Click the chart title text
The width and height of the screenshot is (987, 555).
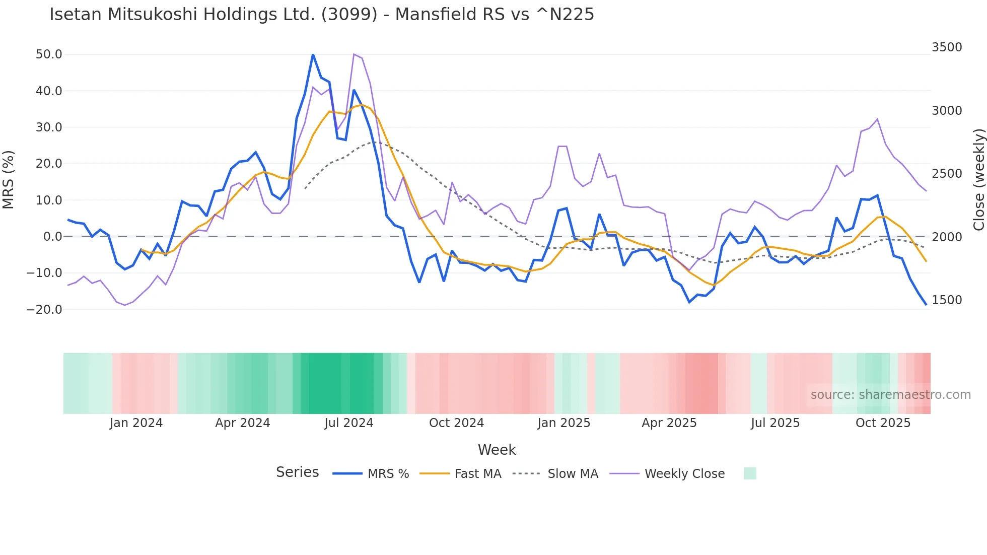pos(321,15)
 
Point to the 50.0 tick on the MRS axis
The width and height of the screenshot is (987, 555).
pos(49,54)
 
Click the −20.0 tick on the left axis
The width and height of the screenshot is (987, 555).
pos(44,310)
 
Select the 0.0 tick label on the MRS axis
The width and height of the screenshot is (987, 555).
pos(52,237)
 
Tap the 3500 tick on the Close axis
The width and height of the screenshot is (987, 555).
pos(947,47)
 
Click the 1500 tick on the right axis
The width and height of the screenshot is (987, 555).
pos(947,300)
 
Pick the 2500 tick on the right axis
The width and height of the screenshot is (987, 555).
pos(947,174)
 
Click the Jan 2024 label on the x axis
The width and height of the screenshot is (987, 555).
pos(136,423)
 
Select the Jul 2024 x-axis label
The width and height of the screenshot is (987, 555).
pos(348,423)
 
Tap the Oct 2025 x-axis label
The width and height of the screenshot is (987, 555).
pos(883,423)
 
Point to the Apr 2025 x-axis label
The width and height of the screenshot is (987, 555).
pos(669,423)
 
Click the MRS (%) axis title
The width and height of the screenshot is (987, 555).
pos(9,179)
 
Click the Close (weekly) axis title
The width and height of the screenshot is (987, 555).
pos(978,180)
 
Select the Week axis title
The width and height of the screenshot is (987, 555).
pos(497,450)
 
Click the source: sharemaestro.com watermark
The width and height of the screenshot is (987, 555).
pos(890,395)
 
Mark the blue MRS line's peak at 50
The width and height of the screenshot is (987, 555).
pos(313,54)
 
